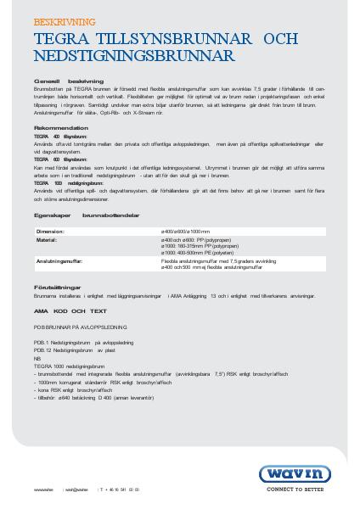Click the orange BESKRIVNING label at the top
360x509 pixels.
point(65,22)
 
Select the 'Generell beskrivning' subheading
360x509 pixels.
point(69,81)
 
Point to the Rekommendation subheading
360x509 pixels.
point(61,128)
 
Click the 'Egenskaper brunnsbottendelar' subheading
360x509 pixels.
point(87,215)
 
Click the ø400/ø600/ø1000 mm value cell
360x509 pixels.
point(186,232)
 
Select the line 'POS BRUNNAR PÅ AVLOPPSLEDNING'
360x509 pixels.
point(80,326)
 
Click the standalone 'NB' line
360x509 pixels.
point(37,357)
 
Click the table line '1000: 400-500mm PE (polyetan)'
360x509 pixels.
point(199,252)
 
